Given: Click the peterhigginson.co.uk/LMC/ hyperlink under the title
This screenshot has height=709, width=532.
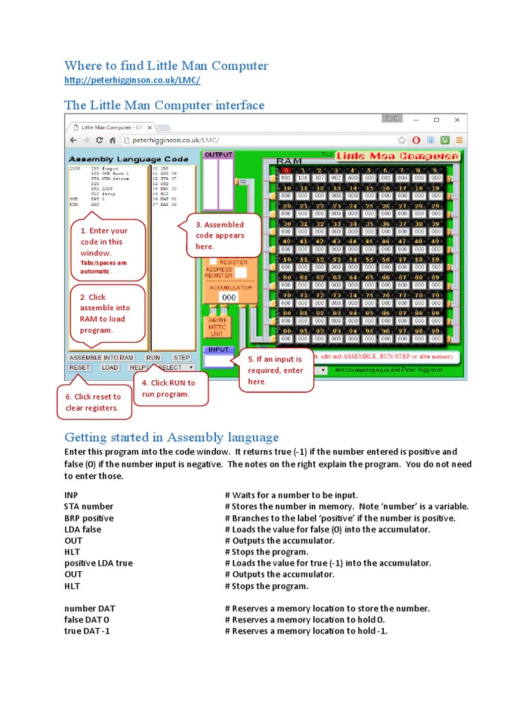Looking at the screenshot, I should (x=132, y=81).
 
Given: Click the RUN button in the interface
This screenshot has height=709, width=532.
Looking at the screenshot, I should (x=153, y=357).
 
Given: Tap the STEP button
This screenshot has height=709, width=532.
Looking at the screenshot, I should (x=181, y=357).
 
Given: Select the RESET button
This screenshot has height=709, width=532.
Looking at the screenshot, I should (x=80, y=368).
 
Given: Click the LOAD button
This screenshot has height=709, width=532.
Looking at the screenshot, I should (x=110, y=368).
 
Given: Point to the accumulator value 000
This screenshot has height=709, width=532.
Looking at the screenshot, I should (x=229, y=297).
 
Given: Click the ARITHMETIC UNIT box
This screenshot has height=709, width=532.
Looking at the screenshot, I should (x=216, y=327).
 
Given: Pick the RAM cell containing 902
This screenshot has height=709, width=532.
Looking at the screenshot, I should (x=335, y=177).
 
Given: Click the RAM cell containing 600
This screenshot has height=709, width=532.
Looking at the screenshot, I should (x=353, y=177).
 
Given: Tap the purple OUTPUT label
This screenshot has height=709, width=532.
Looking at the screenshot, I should (x=218, y=155).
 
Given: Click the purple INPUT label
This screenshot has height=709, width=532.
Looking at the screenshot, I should (x=218, y=350).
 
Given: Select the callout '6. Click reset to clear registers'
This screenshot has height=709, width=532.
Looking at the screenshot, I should (x=93, y=402).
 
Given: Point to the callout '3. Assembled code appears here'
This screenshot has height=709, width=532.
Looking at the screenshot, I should (x=219, y=235).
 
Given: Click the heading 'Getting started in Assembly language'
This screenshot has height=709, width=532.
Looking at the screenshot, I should (x=171, y=437).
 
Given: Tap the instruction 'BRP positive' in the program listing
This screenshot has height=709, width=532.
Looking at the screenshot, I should (x=89, y=518).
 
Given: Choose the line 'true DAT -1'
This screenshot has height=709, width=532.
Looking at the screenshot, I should (x=87, y=631).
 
